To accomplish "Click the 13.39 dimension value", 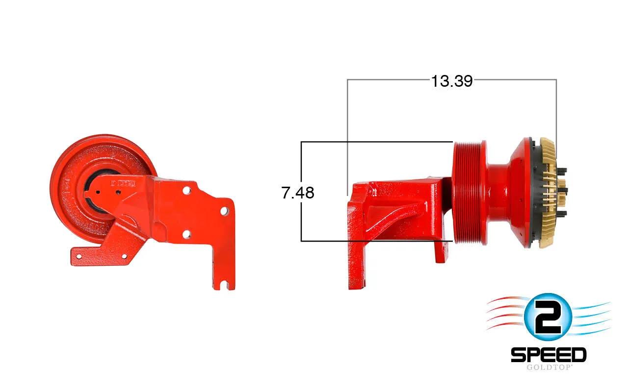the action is pos(452,81).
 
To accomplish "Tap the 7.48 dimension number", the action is pos(298,193).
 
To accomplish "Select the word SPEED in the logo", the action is pos(549,355).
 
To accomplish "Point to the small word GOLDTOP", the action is pos(549,367).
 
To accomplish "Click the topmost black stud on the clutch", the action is pos(562,170).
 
